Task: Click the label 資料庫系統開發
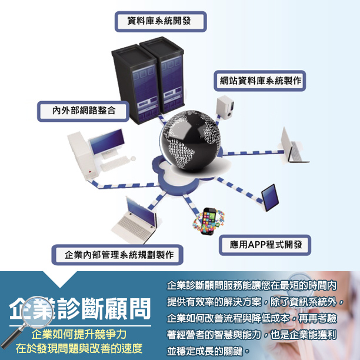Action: point(159,21)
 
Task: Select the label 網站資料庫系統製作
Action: point(261,81)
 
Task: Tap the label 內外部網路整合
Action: point(84,111)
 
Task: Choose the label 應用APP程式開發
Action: point(266,245)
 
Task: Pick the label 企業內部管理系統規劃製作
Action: point(119,255)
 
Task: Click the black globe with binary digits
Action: point(190,140)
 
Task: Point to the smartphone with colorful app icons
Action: point(209,221)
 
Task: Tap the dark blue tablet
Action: point(270,197)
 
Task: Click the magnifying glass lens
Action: point(38,312)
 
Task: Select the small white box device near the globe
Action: point(225,108)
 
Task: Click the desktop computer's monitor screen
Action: point(107,141)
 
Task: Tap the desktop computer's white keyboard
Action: point(114,164)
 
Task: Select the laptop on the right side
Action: point(293,146)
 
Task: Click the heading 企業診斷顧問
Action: point(80,309)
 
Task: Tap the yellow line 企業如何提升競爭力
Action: point(79,334)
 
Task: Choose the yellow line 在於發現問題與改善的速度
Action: point(79,348)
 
